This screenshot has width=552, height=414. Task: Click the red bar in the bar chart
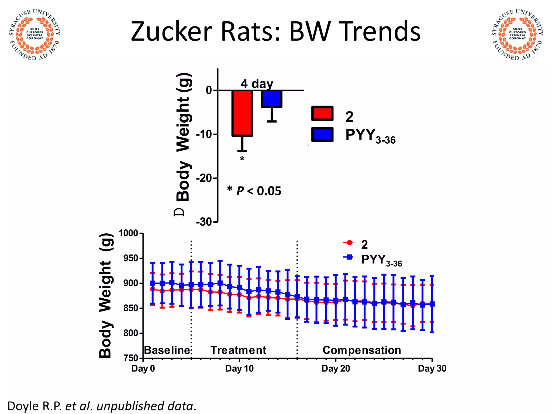click(242, 113)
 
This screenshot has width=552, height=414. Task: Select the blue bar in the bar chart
click(271, 99)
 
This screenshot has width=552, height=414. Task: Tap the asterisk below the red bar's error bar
click(242, 159)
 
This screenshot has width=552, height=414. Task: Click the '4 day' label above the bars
click(257, 84)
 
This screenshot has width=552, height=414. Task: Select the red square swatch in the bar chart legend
click(322, 113)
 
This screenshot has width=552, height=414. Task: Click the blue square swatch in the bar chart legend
click(322, 134)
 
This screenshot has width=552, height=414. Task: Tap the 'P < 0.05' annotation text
click(259, 191)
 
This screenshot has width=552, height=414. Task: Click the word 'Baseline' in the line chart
click(167, 350)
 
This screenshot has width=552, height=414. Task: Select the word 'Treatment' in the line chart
click(238, 350)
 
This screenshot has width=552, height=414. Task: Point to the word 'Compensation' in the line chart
click(362, 350)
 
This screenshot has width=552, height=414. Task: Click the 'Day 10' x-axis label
click(239, 368)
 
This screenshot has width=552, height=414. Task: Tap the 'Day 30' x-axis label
click(432, 368)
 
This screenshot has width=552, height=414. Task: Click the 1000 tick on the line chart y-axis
click(128, 233)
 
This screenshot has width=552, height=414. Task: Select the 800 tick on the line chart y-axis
click(131, 333)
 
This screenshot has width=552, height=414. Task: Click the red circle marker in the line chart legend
click(349, 243)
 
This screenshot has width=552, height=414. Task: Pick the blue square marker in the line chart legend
click(349, 257)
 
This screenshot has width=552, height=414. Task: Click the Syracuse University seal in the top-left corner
click(34, 34)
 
